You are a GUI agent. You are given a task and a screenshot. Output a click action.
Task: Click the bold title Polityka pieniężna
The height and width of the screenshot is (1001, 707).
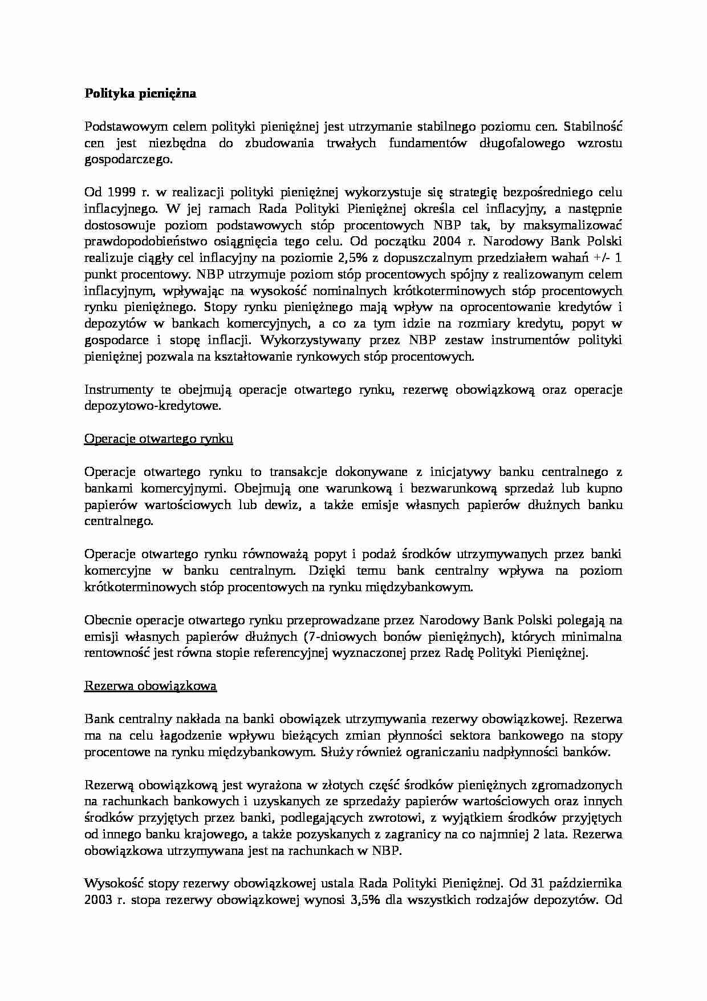click(140, 94)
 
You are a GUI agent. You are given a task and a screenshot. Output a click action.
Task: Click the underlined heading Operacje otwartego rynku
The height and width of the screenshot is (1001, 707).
click(159, 439)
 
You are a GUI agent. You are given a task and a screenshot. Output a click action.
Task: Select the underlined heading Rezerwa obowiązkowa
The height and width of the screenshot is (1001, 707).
click(151, 686)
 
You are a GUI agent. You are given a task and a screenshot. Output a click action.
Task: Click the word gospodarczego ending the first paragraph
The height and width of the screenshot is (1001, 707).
click(128, 160)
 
